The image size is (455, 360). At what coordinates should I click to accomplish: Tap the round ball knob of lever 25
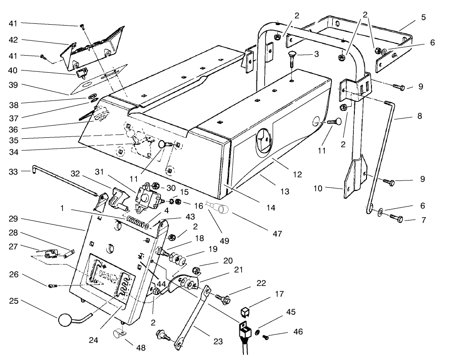64,320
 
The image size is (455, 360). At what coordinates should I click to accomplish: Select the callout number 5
423,18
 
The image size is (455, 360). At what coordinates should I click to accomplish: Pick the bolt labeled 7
396,218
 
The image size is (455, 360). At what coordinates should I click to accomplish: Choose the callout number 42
13,40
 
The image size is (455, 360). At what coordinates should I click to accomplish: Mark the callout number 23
218,341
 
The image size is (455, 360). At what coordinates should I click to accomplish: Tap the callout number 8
420,115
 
